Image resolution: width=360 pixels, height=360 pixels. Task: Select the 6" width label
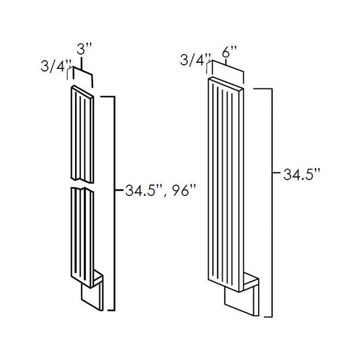pyautogui.click(x=230, y=51)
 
